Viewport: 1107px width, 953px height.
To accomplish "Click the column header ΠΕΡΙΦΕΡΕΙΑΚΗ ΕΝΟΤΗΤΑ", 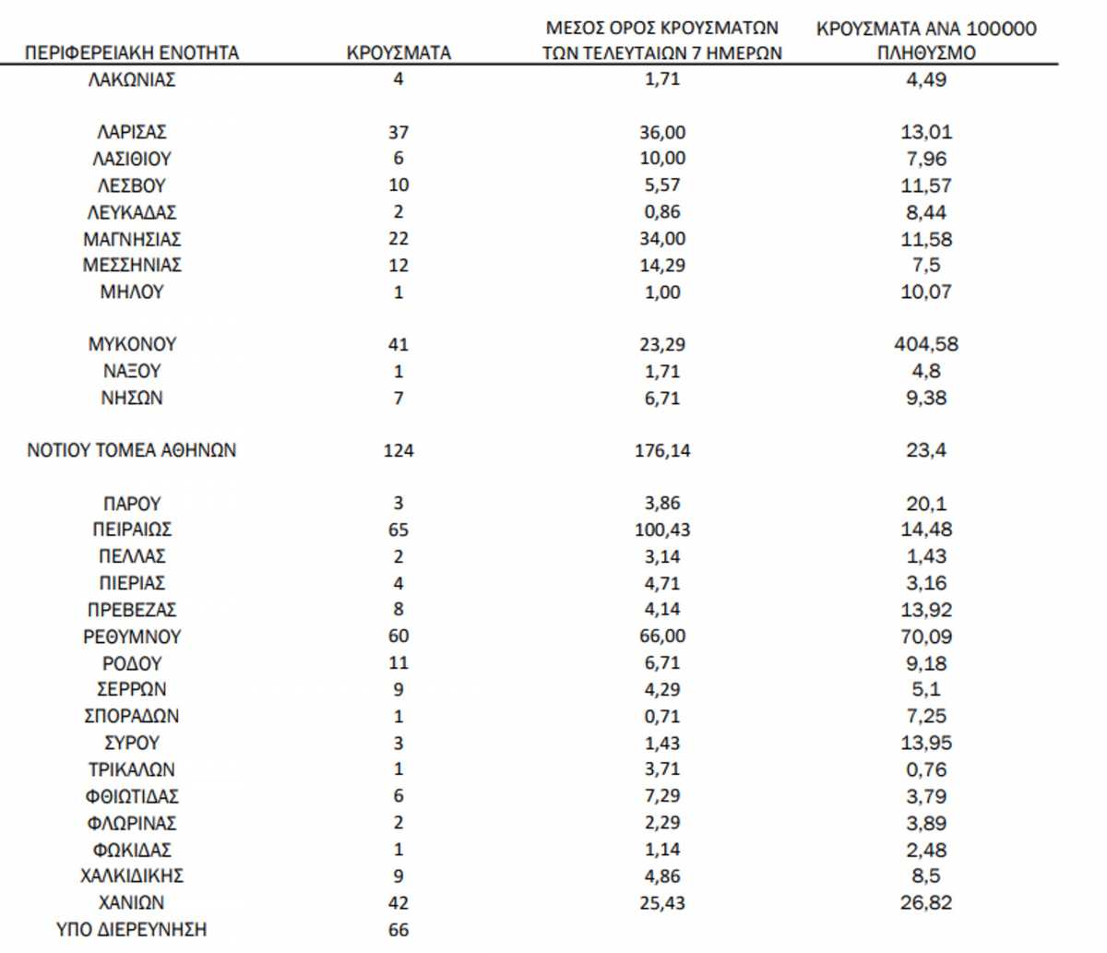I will [x=131, y=53].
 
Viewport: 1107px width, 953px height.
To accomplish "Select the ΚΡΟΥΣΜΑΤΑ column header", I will [x=399, y=53].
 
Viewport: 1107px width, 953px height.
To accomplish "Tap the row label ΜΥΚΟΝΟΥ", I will [x=132, y=344].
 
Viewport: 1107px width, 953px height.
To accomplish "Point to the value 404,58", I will [x=926, y=344].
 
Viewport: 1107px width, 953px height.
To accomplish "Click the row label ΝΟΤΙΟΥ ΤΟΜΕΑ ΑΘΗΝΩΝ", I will [x=132, y=450].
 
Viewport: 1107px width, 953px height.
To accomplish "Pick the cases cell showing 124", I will [x=399, y=450].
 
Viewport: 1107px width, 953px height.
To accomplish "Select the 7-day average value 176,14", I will [x=662, y=450].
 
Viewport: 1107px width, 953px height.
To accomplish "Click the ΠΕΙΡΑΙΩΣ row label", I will [x=132, y=530].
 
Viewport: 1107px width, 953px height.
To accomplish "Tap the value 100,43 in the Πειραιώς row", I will [x=662, y=530].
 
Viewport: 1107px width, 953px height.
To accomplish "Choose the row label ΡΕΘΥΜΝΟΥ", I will [x=132, y=637].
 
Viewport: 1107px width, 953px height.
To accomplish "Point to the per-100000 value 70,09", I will [x=926, y=637].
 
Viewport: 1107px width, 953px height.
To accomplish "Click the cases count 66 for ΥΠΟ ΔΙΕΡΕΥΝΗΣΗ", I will [x=399, y=929].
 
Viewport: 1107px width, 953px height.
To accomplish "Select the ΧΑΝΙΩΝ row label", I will [x=132, y=902].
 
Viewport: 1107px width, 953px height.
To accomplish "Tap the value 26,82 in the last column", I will [x=926, y=902].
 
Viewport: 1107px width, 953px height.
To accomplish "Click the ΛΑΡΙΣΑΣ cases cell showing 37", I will [x=399, y=132].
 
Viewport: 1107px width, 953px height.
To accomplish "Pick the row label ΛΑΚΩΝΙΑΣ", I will [x=132, y=79].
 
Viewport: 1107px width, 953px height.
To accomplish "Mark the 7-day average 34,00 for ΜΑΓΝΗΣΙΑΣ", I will [x=662, y=239].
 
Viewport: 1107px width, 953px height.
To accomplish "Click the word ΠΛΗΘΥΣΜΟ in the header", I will [x=926, y=53].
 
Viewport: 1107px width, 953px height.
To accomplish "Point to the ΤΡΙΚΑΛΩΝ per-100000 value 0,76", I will [x=926, y=769].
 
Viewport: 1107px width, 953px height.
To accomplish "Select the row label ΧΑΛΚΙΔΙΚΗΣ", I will [x=132, y=876].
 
